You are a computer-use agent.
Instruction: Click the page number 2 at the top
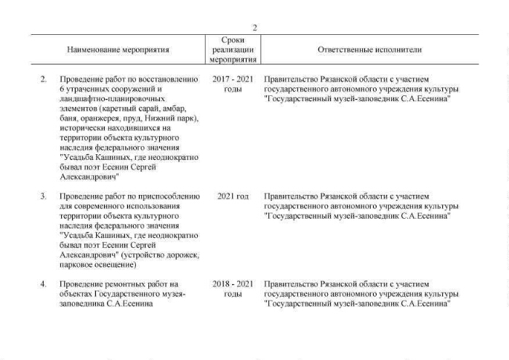tap(254, 28)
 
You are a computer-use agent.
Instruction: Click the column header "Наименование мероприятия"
tap(118, 50)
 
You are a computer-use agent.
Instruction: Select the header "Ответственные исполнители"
tap(369, 50)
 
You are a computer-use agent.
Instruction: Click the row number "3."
tap(44, 196)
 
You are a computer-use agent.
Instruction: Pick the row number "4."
tap(44, 284)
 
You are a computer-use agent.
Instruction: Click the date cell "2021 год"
tap(233, 196)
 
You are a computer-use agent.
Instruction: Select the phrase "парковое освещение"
tap(95, 265)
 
